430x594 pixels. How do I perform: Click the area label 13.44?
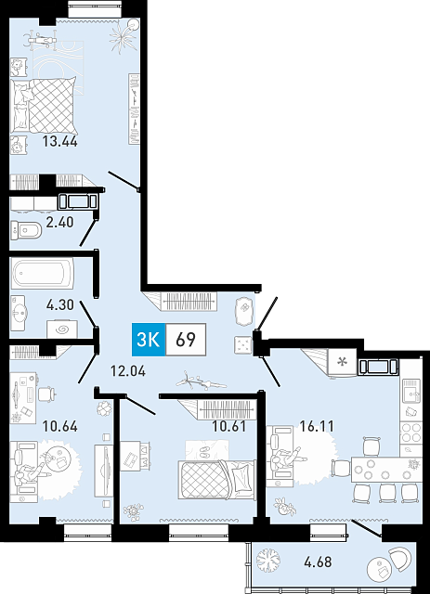[x=60, y=142]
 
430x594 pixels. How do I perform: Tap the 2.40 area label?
[x=59, y=222]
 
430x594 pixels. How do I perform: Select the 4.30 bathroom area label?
[x=60, y=304]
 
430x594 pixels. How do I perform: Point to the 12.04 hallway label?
[x=128, y=371]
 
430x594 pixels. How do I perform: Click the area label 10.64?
[x=60, y=426]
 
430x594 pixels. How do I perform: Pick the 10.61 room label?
[x=229, y=426]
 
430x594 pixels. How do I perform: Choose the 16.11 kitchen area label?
[x=317, y=426]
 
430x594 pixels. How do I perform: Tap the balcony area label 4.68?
[x=318, y=562]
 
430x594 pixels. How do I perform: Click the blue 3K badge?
[x=149, y=340]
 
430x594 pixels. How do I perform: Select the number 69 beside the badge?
[x=186, y=340]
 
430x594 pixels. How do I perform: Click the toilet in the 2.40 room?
[x=25, y=230]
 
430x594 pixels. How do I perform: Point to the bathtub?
[x=43, y=273]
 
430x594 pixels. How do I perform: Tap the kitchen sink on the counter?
[x=411, y=392]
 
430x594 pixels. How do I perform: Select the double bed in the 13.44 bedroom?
[x=45, y=105]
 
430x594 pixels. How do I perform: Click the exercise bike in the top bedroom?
[x=40, y=38]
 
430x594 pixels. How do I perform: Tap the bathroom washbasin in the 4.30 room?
[x=19, y=313]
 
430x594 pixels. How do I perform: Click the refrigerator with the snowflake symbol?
[x=343, y=363]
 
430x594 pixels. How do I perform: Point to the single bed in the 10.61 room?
[x=217, y=480]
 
